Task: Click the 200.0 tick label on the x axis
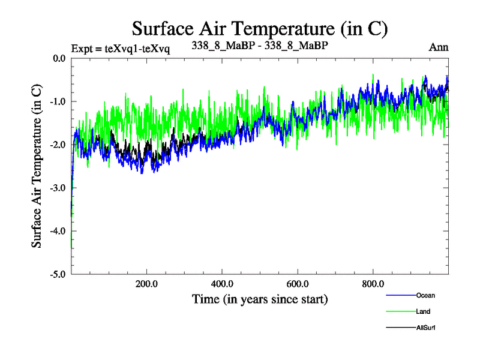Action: point(146,284)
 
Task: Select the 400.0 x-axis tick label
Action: point(222,284)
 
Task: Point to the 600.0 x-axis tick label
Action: point(298,284)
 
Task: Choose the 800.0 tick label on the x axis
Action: point(373,284)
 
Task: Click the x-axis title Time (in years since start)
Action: point(260,298)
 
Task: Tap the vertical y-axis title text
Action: point(37,166)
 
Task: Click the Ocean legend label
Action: point(425,295)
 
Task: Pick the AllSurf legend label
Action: point(425,328)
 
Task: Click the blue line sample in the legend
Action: point(400,295)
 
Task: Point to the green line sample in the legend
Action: point(400,311)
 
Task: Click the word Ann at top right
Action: point(439,47)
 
